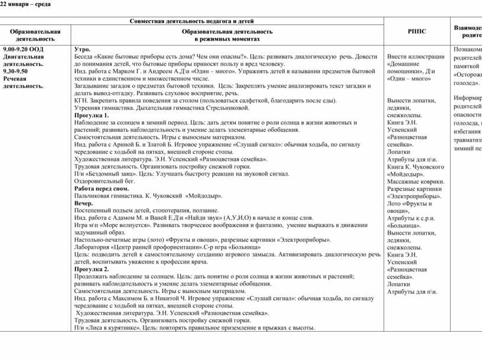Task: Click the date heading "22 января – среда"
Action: tap(25, 5)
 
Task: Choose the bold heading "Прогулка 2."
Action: tap(92, 269)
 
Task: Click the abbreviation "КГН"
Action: tap(81, 100)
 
